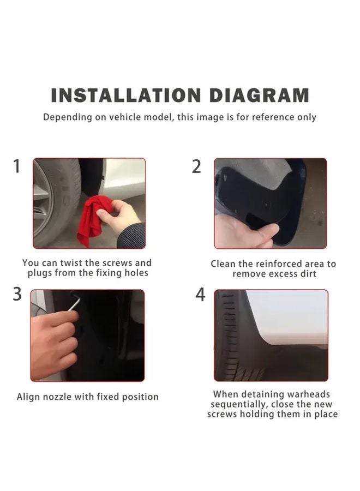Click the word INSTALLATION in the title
point(125,95)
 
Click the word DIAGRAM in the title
point(259,95)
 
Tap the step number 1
point(17,166)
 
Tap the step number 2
point(196,166)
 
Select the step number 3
point(17,294)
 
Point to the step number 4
point(200,295)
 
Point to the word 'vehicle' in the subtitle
point(124,117)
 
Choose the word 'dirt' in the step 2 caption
point(308,274)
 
